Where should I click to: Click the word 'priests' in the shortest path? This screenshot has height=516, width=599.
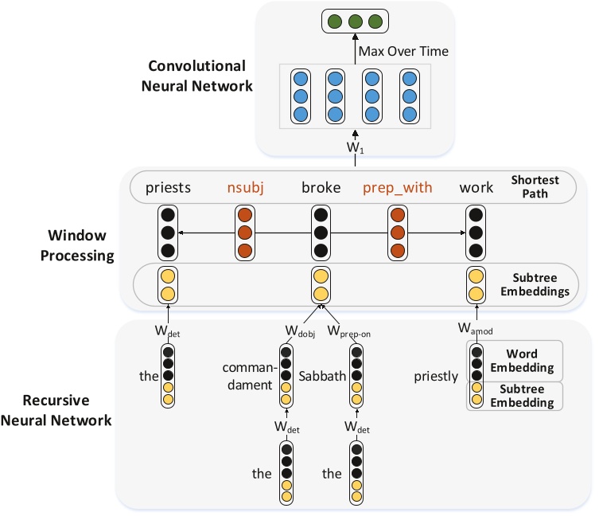tap(169, 188)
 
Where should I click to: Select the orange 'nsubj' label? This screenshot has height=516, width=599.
tap(245, 188)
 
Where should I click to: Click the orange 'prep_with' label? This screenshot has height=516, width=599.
tap(398, 188)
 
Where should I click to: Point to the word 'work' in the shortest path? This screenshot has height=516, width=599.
tap(476, 188)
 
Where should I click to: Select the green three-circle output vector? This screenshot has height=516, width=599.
tap(349, 21)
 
